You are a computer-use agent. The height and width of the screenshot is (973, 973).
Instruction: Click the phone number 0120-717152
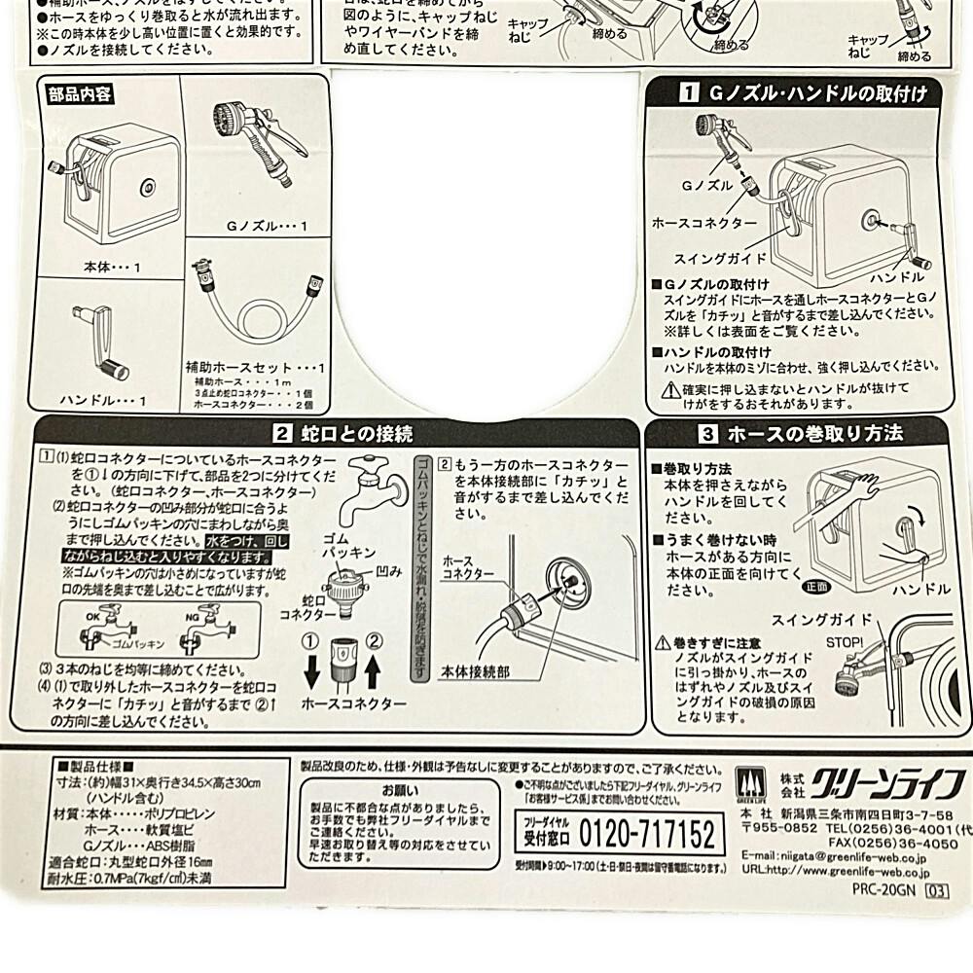click(x=647, y=834)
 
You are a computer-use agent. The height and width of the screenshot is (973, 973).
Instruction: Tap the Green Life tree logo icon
click(x=745, y=782)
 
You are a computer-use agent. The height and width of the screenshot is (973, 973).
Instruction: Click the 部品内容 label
click(x=79, y=94)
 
